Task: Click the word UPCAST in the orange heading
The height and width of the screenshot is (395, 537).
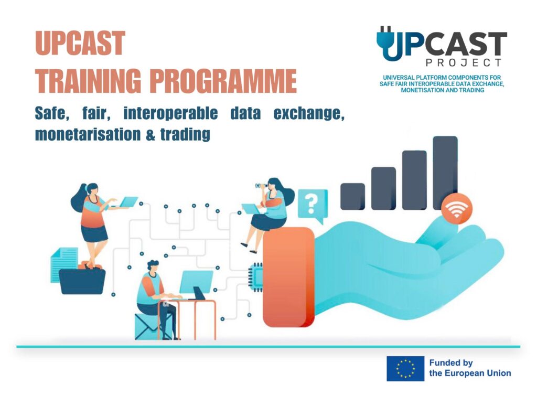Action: [x=80, y=43]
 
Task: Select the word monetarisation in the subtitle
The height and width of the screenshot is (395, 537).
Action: [x=88, y=134]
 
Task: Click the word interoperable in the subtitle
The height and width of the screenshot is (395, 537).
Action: [x=170, y=113]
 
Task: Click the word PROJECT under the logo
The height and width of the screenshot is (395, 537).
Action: [x=464, y=62]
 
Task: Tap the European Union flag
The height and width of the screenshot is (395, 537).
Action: [x=405, y=369]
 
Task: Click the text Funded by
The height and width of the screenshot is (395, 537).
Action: [x=450, y=363]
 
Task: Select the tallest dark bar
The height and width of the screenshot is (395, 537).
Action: [x=445, y=173]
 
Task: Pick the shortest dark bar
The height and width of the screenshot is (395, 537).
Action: [x=352, y=196]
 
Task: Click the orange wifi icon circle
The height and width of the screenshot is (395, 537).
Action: [x=457, y=209]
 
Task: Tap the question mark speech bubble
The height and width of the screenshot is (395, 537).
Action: [x=313, y=206]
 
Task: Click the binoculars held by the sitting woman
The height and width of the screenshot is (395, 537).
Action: [x=261, y=186]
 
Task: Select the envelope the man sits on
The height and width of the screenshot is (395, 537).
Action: [x=147, y=326]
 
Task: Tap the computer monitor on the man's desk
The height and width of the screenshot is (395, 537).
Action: [x=196, y=282]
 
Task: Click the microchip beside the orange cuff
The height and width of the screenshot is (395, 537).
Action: [x=256, y=277]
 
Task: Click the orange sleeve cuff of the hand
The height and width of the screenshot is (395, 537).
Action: [x=288, y=277]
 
